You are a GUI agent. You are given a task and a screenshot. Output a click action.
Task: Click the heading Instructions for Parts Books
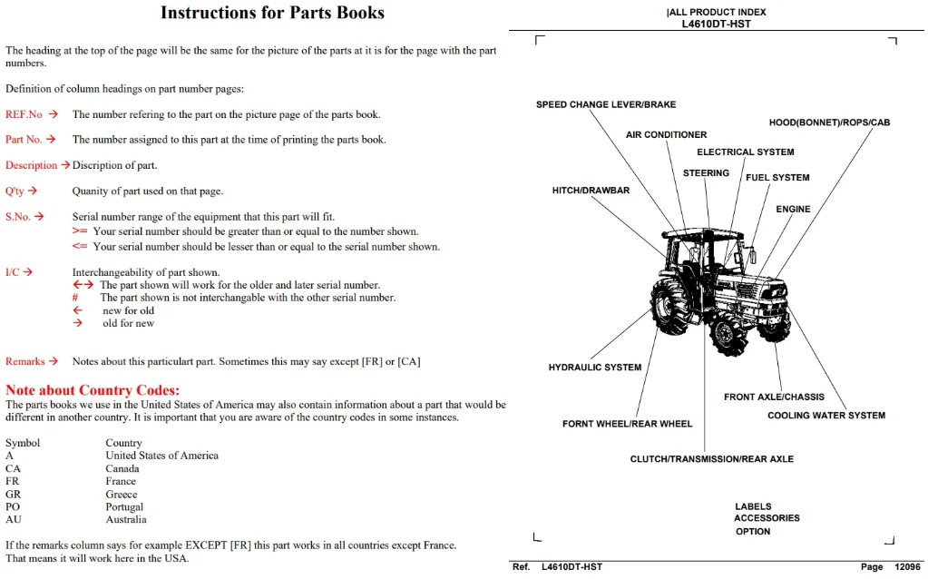272,13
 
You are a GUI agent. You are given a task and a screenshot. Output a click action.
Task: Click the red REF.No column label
24,114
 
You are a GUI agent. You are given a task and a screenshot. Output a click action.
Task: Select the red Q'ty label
15,191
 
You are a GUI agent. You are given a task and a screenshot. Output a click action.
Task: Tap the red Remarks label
24,361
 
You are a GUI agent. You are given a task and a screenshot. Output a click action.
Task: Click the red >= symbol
79,231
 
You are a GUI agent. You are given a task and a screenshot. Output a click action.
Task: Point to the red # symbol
75,297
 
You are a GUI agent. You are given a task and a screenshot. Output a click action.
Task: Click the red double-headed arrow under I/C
83,285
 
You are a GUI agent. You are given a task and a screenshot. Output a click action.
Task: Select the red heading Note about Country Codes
93,390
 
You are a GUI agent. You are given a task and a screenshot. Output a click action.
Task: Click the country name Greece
122,494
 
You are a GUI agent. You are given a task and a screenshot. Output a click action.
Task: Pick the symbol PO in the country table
13,506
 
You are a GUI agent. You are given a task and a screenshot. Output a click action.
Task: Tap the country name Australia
126,519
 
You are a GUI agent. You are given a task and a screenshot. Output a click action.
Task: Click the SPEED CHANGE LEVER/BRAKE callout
606,104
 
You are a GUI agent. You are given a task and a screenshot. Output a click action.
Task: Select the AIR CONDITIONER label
667,134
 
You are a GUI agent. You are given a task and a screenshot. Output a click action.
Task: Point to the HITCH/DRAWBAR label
591,190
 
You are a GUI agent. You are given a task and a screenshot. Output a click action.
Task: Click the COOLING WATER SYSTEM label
826,415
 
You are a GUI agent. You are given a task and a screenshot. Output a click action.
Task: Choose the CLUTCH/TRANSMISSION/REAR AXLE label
711,459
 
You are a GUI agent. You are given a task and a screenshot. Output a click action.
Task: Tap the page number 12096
907,566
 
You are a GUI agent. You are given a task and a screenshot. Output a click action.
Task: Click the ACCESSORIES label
767,518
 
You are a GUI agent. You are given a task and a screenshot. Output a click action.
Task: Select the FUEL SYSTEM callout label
777,177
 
